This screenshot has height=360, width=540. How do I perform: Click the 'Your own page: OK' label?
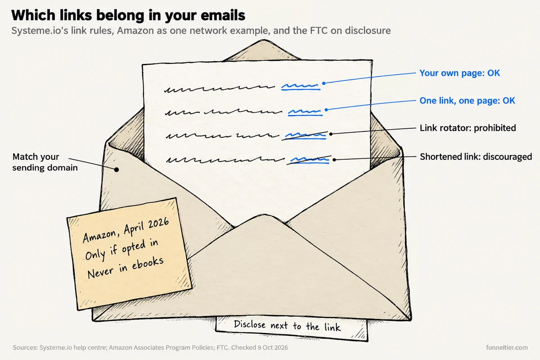[459, 73]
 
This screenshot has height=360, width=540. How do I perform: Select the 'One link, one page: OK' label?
[467, 100]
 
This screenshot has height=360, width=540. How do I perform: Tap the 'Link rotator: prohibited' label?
[468, 128]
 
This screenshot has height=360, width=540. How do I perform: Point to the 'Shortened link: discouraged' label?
[476, 157]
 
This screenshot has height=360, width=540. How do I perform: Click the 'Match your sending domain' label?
[45, 162]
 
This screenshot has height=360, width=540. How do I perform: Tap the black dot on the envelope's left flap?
[117, 170]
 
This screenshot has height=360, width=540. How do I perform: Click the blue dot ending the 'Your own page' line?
[324, 83]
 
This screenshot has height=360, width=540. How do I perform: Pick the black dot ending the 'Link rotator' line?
[331, 134]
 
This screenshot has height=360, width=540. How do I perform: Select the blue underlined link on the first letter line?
[301, 86]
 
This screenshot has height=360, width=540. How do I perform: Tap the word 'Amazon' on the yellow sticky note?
[99, 236]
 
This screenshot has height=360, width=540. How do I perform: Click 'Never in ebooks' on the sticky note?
[126, 268]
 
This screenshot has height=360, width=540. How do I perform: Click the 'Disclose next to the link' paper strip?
[292, 328]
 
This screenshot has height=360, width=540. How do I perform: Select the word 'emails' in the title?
[223, 15]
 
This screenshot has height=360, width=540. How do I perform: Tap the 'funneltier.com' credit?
[507, 347]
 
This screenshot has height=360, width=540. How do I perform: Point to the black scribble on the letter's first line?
[220, 89]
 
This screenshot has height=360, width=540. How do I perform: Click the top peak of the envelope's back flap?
[264, 40]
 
